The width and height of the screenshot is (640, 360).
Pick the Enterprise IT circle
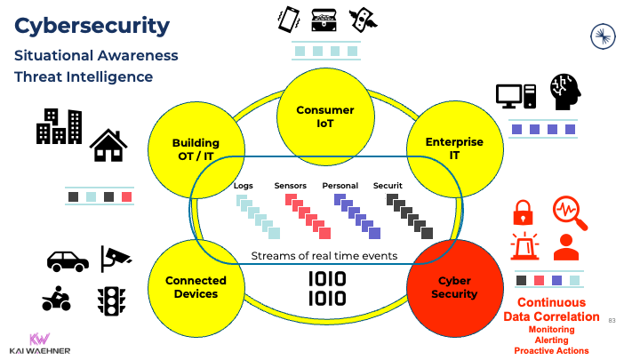454,148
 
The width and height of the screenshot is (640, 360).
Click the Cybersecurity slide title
92,27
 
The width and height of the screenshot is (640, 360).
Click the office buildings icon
59,127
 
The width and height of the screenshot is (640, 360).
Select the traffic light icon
109,300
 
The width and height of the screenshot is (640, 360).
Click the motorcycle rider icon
57,300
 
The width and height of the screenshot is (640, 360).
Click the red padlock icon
524,212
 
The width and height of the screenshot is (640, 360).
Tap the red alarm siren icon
524,245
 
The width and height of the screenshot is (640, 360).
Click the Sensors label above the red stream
291,186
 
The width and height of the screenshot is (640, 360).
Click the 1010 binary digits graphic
327,289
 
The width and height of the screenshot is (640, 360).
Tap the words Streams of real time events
324,256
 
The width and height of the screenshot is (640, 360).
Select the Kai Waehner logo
39,343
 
